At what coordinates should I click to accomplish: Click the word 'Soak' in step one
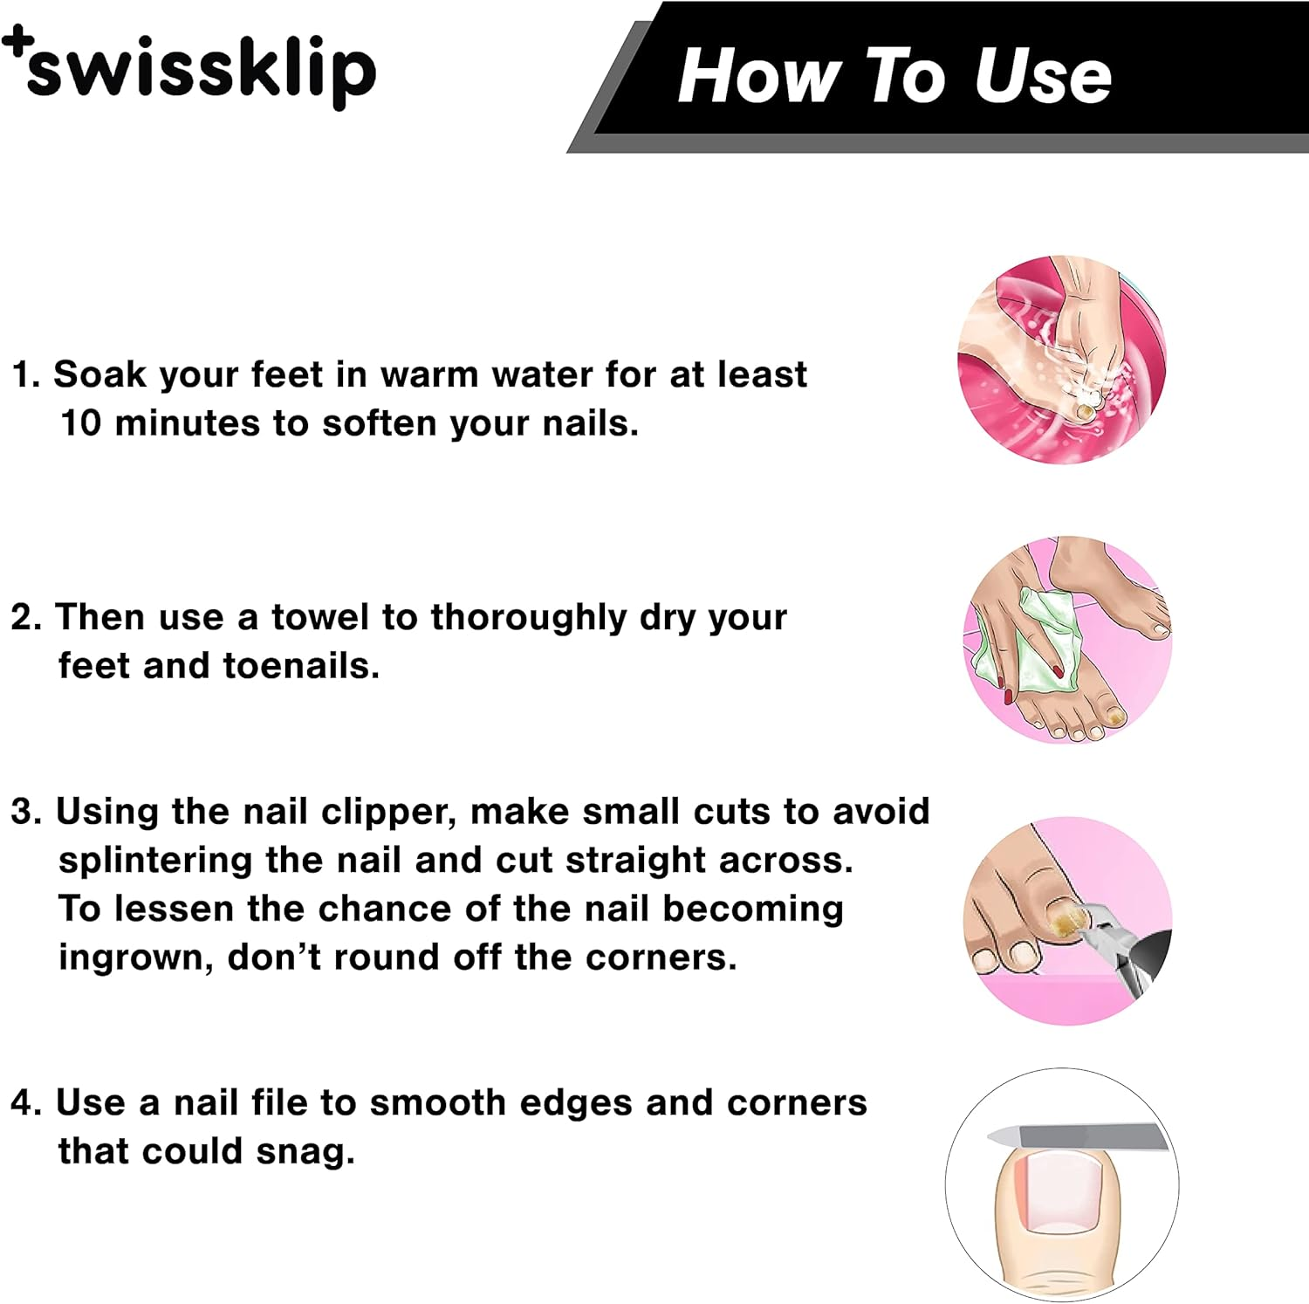[x=99, y=374]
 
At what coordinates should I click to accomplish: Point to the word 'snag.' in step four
[x=305, y=1151]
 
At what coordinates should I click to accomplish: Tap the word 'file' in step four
[x=278, y=1102]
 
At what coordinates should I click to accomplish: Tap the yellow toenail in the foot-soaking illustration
[x=1085, y=410]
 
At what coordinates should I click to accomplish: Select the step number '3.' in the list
[x=26, y=812]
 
